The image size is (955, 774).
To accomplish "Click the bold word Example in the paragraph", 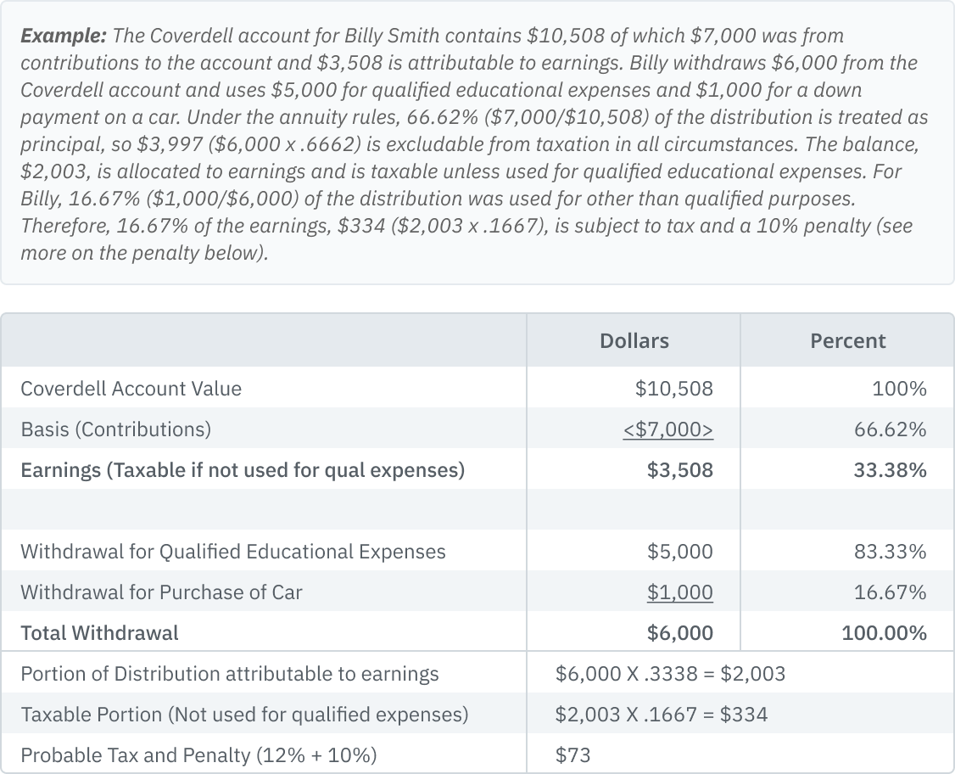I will pos(63,36).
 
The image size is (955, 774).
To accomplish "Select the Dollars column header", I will pos(634,341).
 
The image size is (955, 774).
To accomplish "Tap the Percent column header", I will pos(847,341).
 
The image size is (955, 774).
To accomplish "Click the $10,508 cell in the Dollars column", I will pos(673,389).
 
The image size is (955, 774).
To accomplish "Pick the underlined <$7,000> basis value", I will pos(667,429).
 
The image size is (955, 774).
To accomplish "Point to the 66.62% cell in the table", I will pos(890,429).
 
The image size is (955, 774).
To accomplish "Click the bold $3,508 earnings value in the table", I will pos(679,470).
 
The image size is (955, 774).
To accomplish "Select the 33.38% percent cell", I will pos(890,470).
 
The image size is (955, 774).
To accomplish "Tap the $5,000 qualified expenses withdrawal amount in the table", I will pos(679,552).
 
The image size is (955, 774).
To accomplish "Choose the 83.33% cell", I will pos(890,552).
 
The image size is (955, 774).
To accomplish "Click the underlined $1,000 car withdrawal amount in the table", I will pos(679,592).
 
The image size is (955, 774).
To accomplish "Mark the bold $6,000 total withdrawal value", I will pos(679,633).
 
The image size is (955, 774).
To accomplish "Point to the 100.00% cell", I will pos(884,633).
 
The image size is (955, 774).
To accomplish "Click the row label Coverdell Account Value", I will pos(131,389).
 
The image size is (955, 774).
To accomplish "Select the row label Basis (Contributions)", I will pos(115,429).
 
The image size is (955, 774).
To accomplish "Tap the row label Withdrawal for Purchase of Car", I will pos(161,592).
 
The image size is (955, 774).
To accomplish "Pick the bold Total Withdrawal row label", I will pos(99,633).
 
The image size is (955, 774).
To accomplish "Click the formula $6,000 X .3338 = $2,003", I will pos(670,674).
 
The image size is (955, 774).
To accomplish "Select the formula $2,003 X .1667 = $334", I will pos(662,715).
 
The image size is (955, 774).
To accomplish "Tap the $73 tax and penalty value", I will pos(573,755).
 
